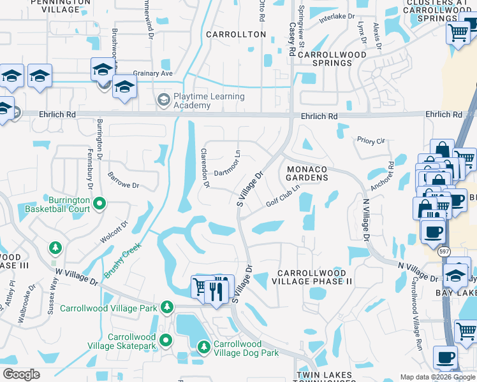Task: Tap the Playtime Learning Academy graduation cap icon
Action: point(163,100)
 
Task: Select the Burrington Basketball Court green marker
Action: point(99,204)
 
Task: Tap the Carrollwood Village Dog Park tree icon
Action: point(203,347)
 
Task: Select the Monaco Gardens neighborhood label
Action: point(307,174)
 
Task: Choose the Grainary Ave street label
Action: point(153,73)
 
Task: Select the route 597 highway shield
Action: point(444,251)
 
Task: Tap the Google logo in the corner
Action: point(21,374)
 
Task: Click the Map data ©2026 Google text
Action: point(437,377)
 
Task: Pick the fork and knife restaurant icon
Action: point(216,291)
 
